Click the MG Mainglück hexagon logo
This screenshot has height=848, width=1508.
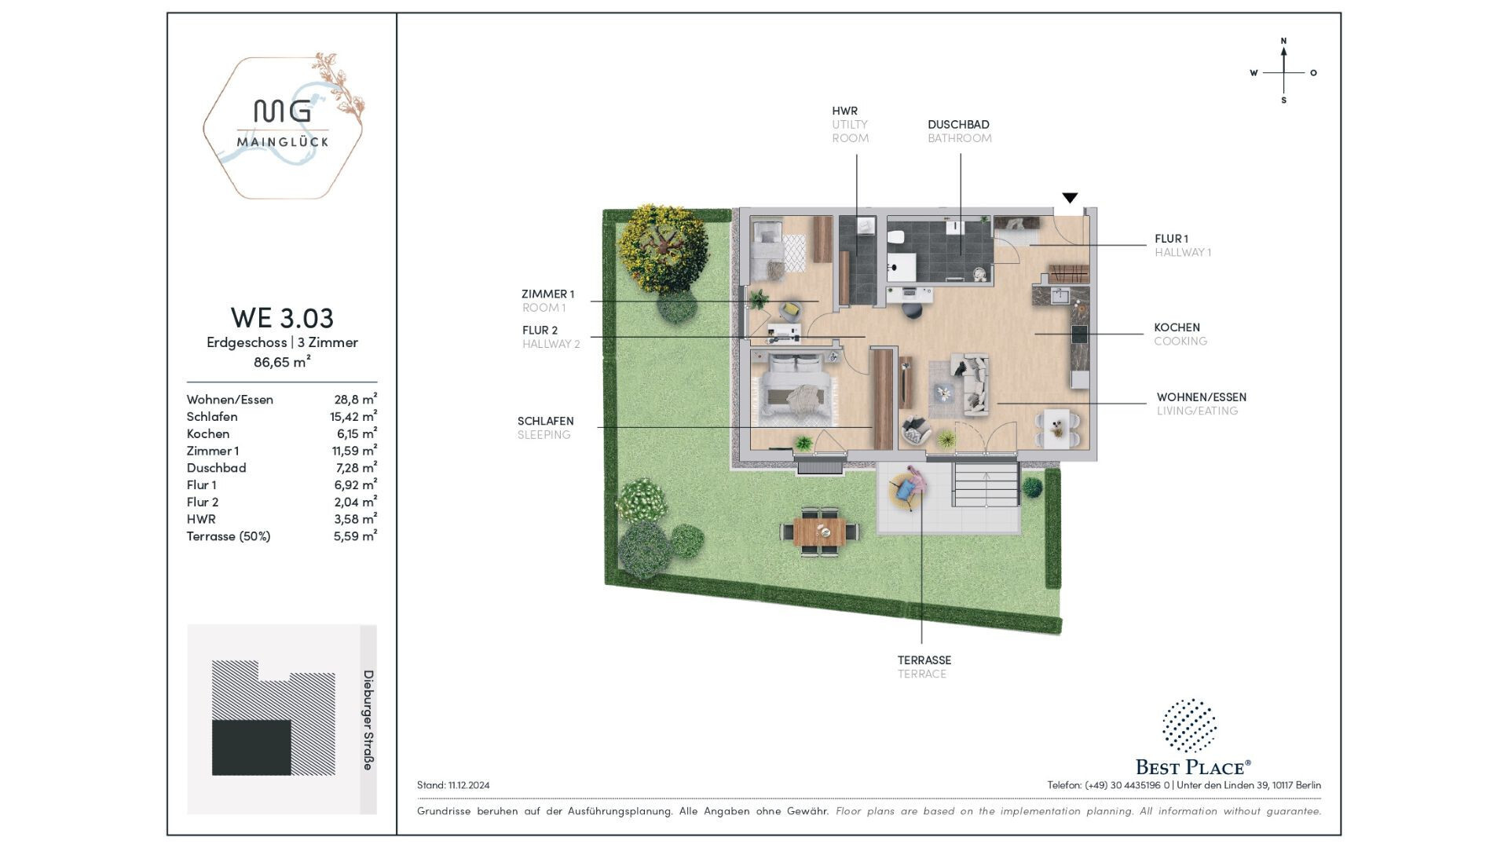pyautogui.click(x=284, y=126)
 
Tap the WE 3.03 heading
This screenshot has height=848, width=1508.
pyautogui.click(x=282, y=318)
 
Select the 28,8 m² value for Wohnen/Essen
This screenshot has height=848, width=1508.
pyautogui.click(x=355, y=399)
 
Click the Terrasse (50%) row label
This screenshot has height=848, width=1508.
pyautogui.click(x=229, y=536)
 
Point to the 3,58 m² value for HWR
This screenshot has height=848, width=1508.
pyautogui.click(x=355, y=519)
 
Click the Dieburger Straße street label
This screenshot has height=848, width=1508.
pyautogui.click(x=368, y=720)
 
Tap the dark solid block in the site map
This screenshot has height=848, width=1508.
pyautogui.click(x=251, y=747)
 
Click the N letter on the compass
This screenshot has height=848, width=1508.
pyautogui.click(x=1283, y=41)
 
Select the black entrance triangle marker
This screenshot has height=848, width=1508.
pyautogui.click(x=1070, y=198)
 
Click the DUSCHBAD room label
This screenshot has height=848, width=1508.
pyautogui.click(x=958, y=124)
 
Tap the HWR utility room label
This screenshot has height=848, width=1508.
pyautogui.click(x=851, y=124)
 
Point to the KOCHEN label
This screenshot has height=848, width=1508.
pyautogui.click(x=1177, y=327)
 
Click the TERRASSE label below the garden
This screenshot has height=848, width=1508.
pyautogui.click(x=924, y=660)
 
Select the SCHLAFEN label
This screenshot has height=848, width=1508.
pyautogui.click(x=545, y=421)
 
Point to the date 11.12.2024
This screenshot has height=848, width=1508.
pyautogui.click(x=469, y=785)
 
